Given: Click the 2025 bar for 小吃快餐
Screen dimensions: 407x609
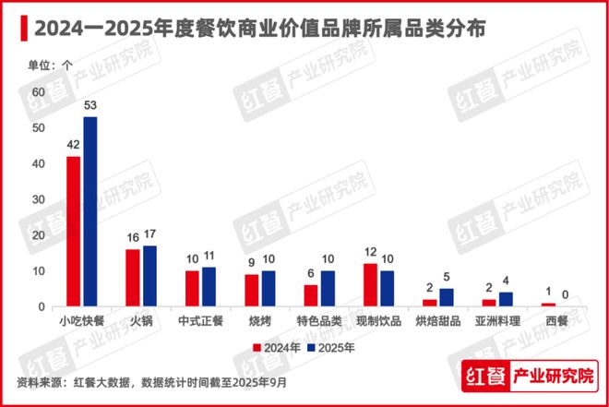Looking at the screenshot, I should pos(90,211).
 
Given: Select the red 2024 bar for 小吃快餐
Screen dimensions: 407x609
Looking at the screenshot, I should pos(73,231).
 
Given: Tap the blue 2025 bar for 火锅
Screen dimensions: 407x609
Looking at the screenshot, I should pos(150,276).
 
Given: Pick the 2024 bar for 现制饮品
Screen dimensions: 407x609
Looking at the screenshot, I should pos(370,285).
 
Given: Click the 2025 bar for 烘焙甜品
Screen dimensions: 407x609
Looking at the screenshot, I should pos(448,297).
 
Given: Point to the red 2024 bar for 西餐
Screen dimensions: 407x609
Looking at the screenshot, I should pos(548,305).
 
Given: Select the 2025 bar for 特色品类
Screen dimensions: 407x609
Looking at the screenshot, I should pos(328,288).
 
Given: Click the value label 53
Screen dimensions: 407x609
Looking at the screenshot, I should pos(90,106).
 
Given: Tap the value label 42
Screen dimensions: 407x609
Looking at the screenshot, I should pos(72,145).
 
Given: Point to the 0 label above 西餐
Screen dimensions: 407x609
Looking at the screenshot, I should pos(566,296).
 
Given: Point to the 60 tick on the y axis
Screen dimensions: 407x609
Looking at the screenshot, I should pos(38,92).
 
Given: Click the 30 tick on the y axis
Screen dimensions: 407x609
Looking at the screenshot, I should pos(38,199).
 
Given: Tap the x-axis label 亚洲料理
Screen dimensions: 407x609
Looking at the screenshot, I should pos(497,320).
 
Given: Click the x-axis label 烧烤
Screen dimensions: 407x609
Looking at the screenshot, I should pos(259,320).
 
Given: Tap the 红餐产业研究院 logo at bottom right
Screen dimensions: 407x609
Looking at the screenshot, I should pos(528,377).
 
